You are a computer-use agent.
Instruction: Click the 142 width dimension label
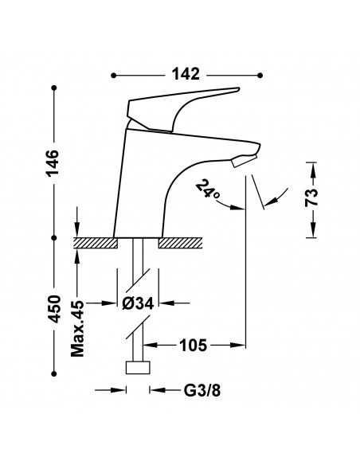click(186, 74)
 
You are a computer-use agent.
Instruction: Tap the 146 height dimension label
click(53, 163)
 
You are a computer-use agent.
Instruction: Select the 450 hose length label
click(54, 309)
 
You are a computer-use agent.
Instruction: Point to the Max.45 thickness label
click(78, 329)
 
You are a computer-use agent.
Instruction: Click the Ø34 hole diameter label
click(138, 303)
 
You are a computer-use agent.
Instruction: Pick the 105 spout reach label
click(193, 345)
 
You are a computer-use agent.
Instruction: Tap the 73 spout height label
click(311, 197)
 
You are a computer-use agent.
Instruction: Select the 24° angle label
click(208, 190)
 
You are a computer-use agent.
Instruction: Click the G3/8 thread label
click(202, 390)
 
